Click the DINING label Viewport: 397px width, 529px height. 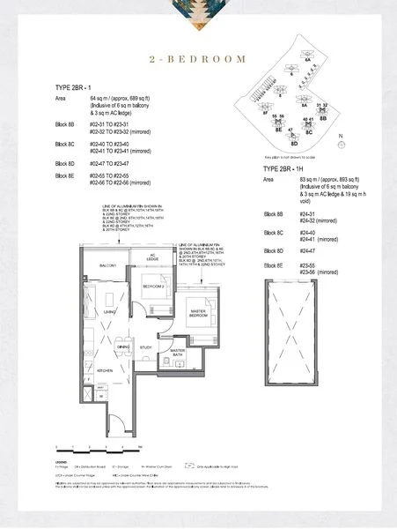(x=124, y=346)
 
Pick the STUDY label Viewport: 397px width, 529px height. (x=146, y=346)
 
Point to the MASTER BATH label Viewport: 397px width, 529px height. (x=177, y=353)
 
